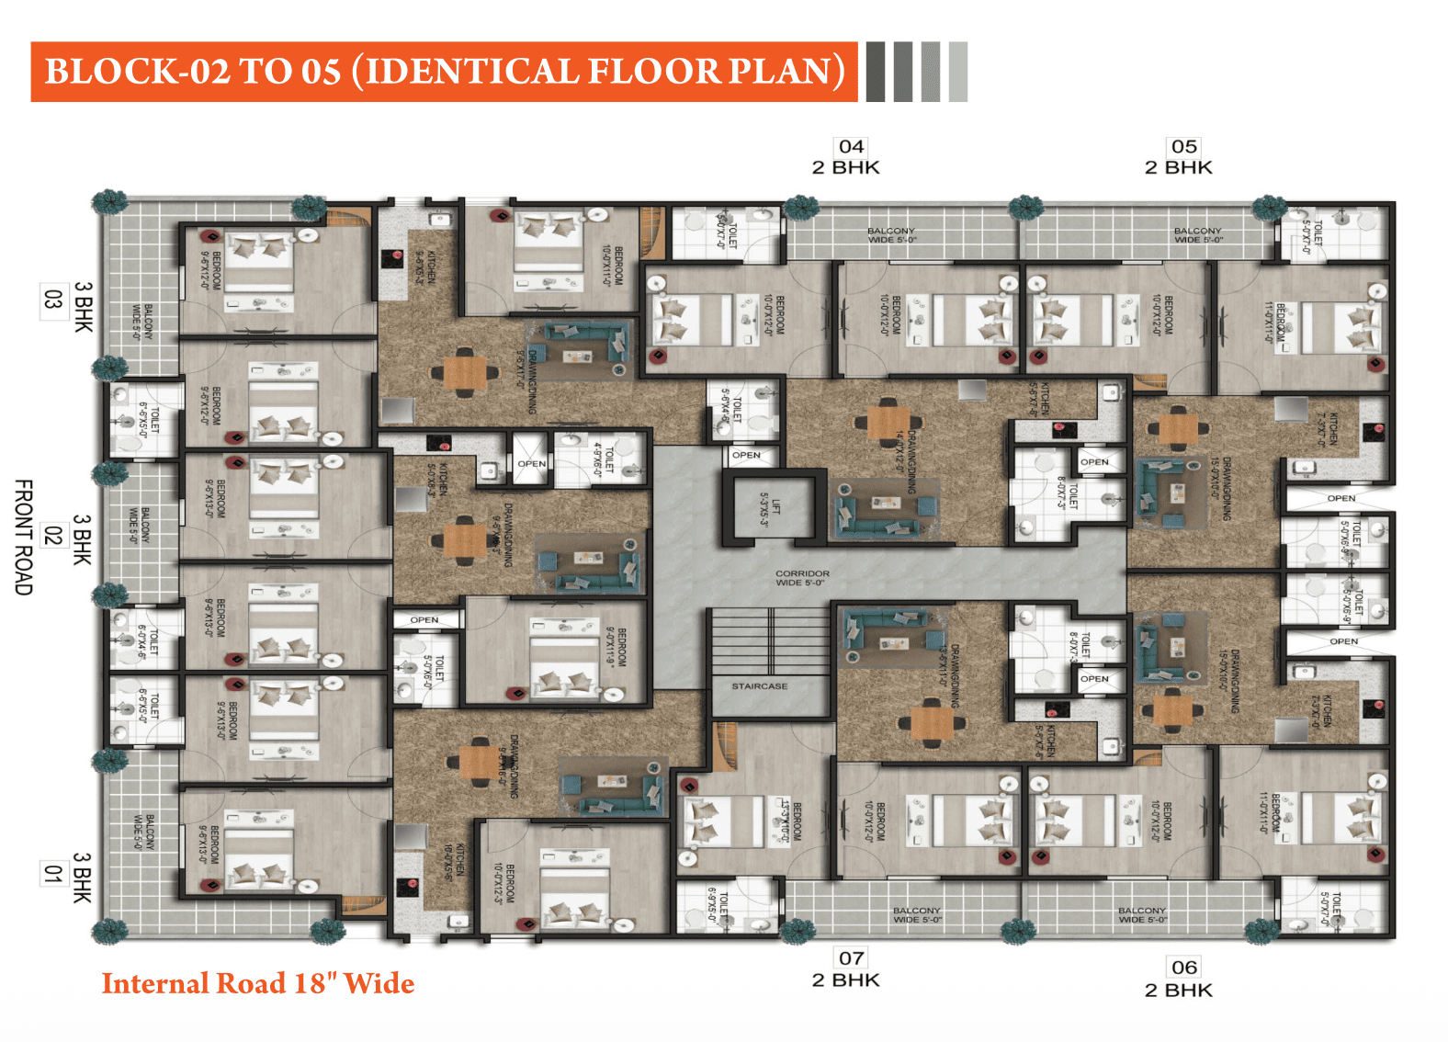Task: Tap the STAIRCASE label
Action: (x=759, y=686)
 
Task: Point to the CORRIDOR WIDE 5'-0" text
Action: (x=801, y=578)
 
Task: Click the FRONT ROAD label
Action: (x=24, y=537)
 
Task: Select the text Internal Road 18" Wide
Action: (x=258, y=983)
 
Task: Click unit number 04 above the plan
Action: (x=851, y=147)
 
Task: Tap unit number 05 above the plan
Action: (x=1183, y=147)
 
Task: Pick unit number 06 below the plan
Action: (x=1183, y=968)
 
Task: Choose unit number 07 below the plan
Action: (x=851, y=958)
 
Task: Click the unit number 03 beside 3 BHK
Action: (x=52, y=301)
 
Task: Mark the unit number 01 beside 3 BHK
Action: (x=52, y=874)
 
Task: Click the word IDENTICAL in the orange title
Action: (x=471, y=72)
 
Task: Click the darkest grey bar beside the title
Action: (x=876, y=72)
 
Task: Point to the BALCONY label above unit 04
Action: (x=890, y=235)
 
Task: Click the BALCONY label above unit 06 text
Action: (x=1141, y=914)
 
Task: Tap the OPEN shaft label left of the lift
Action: (x=746, y=455)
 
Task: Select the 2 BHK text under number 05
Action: (x=1178, y=167)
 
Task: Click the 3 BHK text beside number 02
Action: (x=83, y=539)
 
